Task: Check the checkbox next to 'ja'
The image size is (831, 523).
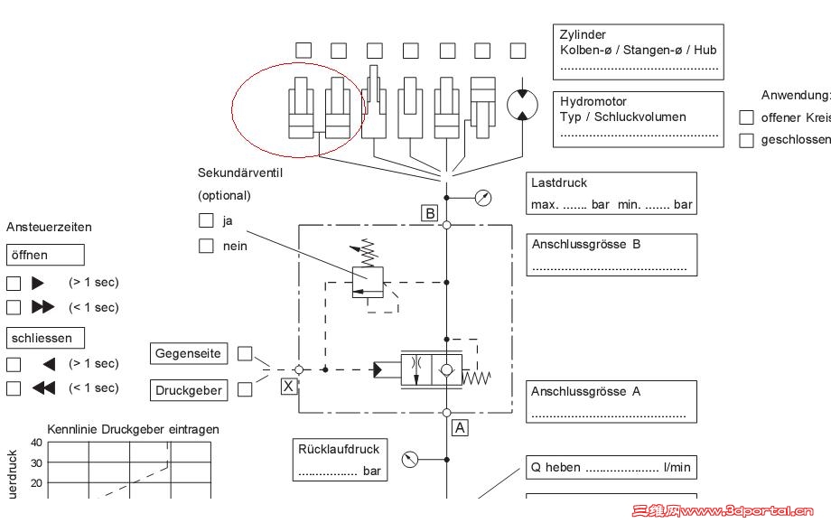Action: [x=206, y=220]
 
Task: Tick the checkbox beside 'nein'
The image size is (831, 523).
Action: [x=206, y=246]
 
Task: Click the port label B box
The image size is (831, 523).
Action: [x=430, y=213]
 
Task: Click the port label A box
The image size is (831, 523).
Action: [x=460, y=427]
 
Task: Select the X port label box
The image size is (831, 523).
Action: [x=288, y=386]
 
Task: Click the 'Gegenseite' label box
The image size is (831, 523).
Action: [x=189, y=354]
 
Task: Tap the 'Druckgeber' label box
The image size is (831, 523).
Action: [x=189, y=390]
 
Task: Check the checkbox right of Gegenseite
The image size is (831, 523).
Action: [x=245, y=354]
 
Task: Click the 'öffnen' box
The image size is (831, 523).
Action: [x=44, y=255]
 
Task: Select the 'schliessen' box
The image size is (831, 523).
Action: [x=44, y=338]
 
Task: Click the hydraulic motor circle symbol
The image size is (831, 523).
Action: [x=521, y=105]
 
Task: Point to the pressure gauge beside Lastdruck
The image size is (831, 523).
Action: [x=483, y=198]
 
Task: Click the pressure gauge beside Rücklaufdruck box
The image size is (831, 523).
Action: [x=410, y=460]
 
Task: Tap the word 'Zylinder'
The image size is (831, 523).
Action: [x=584, y=35]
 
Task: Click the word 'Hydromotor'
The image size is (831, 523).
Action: [x=593, y=101]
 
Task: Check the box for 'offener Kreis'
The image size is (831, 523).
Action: [x=746, y=117]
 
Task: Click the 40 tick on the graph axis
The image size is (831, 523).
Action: [x=36, y=443]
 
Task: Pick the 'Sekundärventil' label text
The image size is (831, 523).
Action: [x=240, y=173]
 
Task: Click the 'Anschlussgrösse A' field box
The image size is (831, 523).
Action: [x=612, y=402]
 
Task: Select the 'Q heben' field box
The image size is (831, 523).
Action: [x=612, y=468]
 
